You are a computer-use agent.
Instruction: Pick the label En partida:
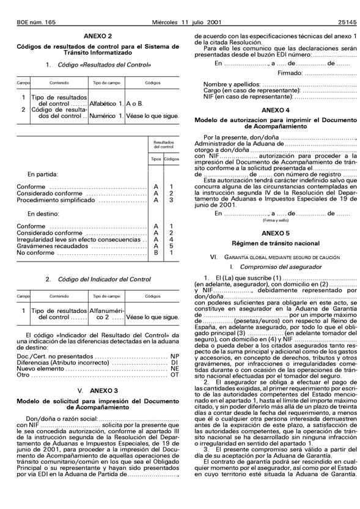(43, 173)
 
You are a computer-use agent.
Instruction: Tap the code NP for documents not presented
(174, 356)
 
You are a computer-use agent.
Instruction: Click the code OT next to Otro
(174, 375)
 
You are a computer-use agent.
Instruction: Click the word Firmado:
(297, 72)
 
